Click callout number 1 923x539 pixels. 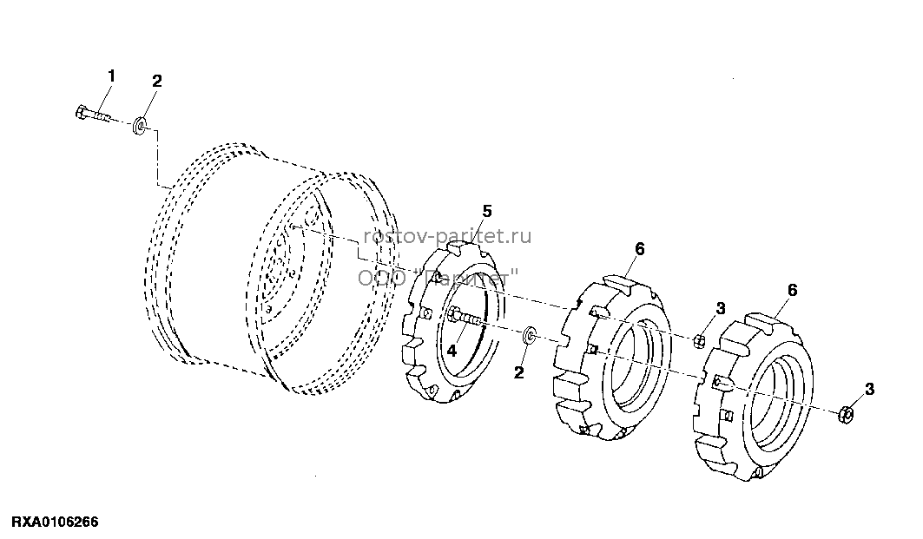(x=111, y=76)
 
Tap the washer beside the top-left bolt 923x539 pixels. (x=140, y=125)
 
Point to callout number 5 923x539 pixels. (x=487, y=211)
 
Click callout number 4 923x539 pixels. (x=452, y=351)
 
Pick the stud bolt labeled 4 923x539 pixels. (x=465, y=318)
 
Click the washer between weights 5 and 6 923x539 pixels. (x=530, y=336)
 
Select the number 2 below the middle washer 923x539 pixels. (x=518, y=372)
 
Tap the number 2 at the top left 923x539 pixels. (x=156, y=81)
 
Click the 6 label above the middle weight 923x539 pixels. (x=640, y=249)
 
